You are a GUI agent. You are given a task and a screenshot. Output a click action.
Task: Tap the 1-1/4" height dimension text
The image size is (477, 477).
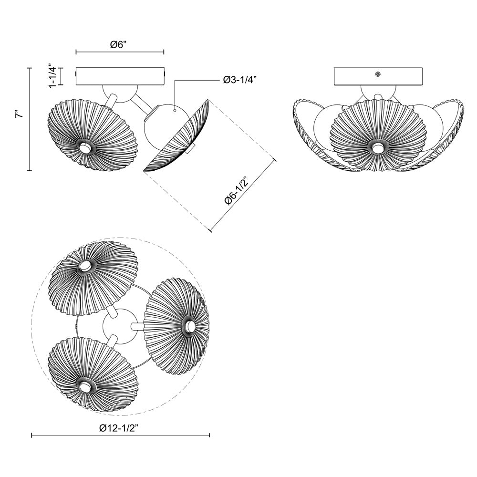pyautogui.click(x=54, y=74)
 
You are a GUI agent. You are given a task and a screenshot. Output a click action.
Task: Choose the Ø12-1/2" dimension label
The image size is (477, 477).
pyautogui.click(x=119, y=429)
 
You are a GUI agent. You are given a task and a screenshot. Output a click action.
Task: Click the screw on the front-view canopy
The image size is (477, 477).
pyautogui.click(x=378, y=74)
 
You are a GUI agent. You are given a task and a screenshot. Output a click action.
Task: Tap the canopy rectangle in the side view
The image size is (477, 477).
pyautogui.click(x=120, y=77)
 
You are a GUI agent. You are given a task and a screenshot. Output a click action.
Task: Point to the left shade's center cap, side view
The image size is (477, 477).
pyautogui.click(x=85, y=148)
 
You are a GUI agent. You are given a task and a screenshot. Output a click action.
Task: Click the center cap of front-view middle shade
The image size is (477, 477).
pyautogui.click(x=378, y=148)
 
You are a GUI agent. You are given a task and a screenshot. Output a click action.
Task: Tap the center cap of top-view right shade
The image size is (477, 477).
pyautogui.click(x=190, y=326)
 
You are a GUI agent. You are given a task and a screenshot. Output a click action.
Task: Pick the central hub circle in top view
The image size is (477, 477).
pyautogui.click(x=118, y=327)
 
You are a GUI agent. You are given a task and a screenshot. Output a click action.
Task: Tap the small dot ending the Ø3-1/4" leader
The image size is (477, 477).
pyautogui.click(x=175, y=111)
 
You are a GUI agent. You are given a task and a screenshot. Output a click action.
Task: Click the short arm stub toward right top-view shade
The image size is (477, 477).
pyautogui.click(x=137, y=326)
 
